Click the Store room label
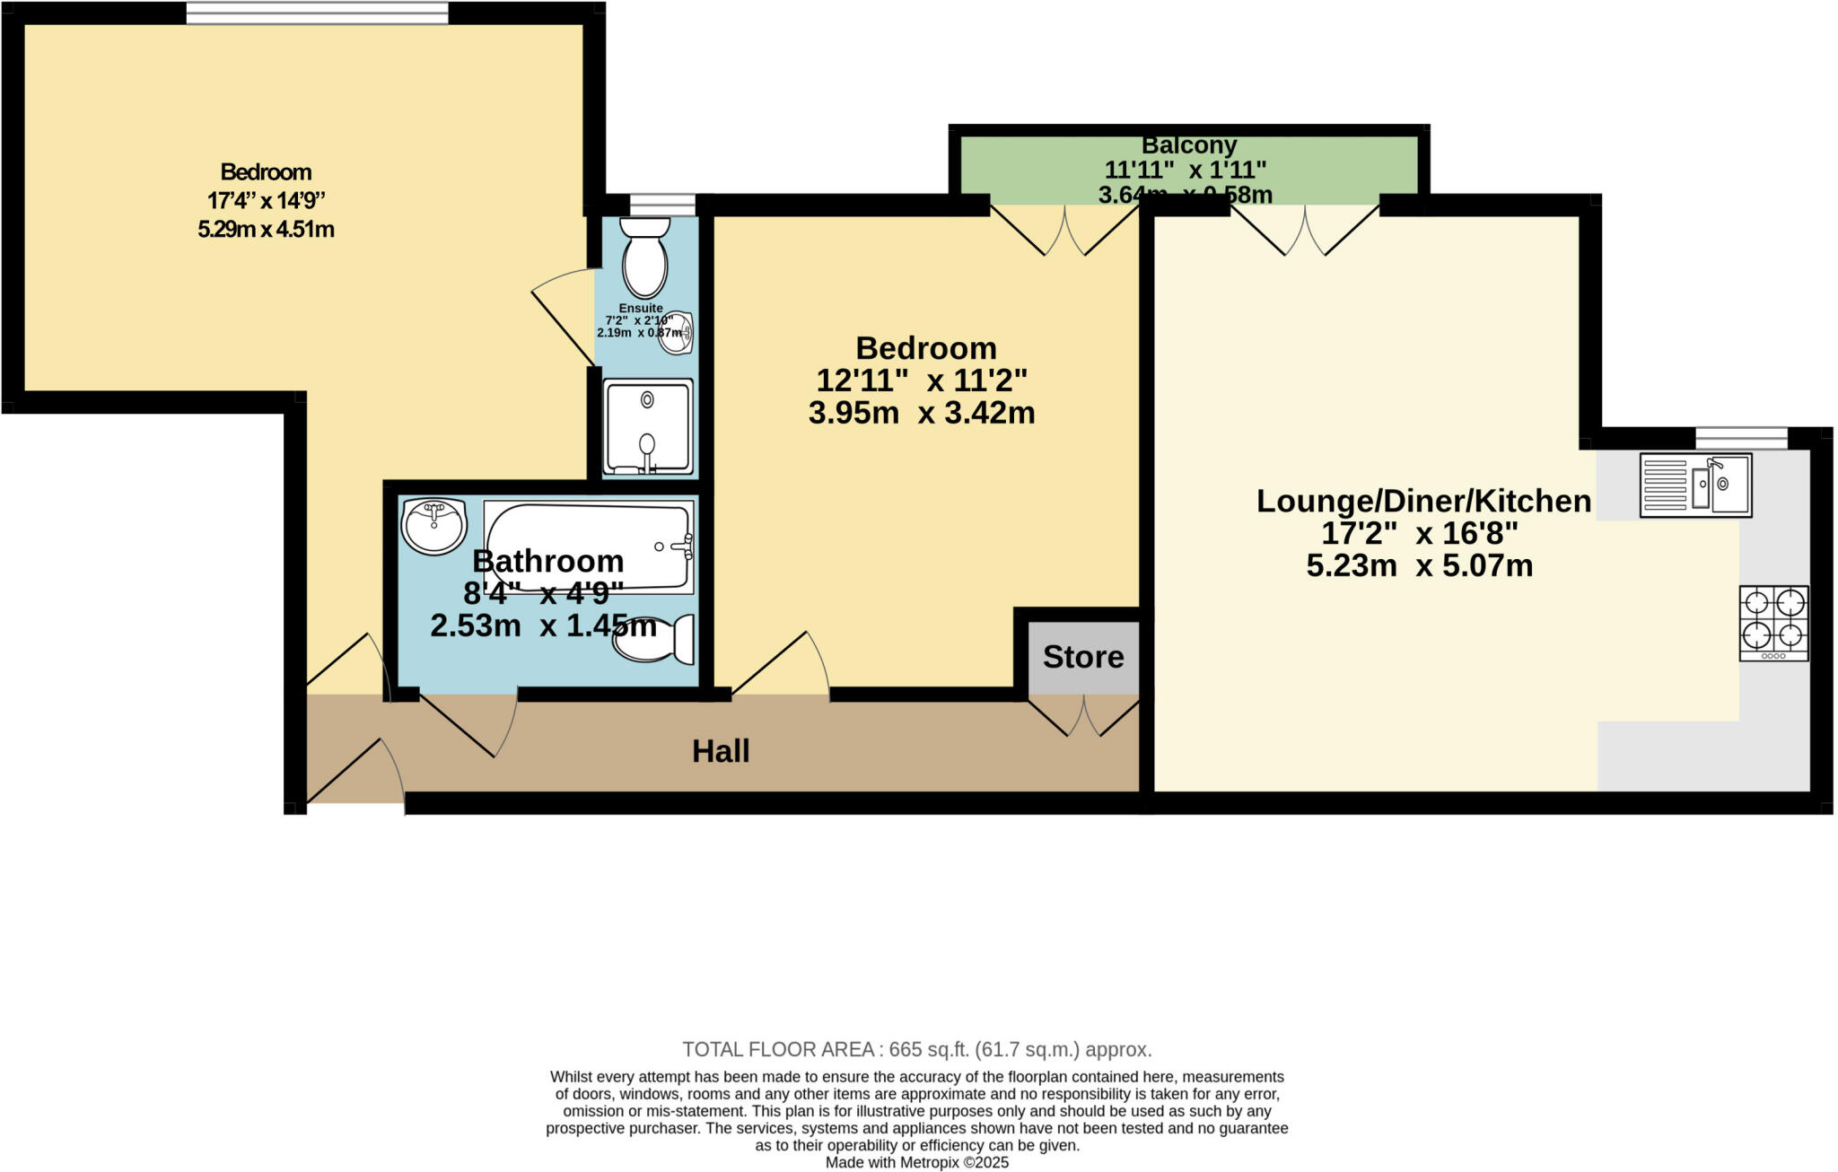click(1083, 657)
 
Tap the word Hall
click(721, 751)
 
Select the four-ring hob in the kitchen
click(1773, 623)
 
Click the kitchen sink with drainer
click(1695, 485)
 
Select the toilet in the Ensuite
click(645, 256)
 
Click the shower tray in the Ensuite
click(648, 427)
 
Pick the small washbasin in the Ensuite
click(677, 334)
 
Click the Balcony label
click(1188, 145)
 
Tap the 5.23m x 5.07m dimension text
click(1419, 566)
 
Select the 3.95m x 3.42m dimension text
click(921, 413)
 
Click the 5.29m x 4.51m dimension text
click(266, 229)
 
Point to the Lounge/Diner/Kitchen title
click(1423, 501)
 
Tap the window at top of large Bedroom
click(317, 13)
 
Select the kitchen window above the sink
click(1741, 437)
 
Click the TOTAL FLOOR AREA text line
click(916, 1049)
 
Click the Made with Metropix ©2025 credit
click(916, 1162)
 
